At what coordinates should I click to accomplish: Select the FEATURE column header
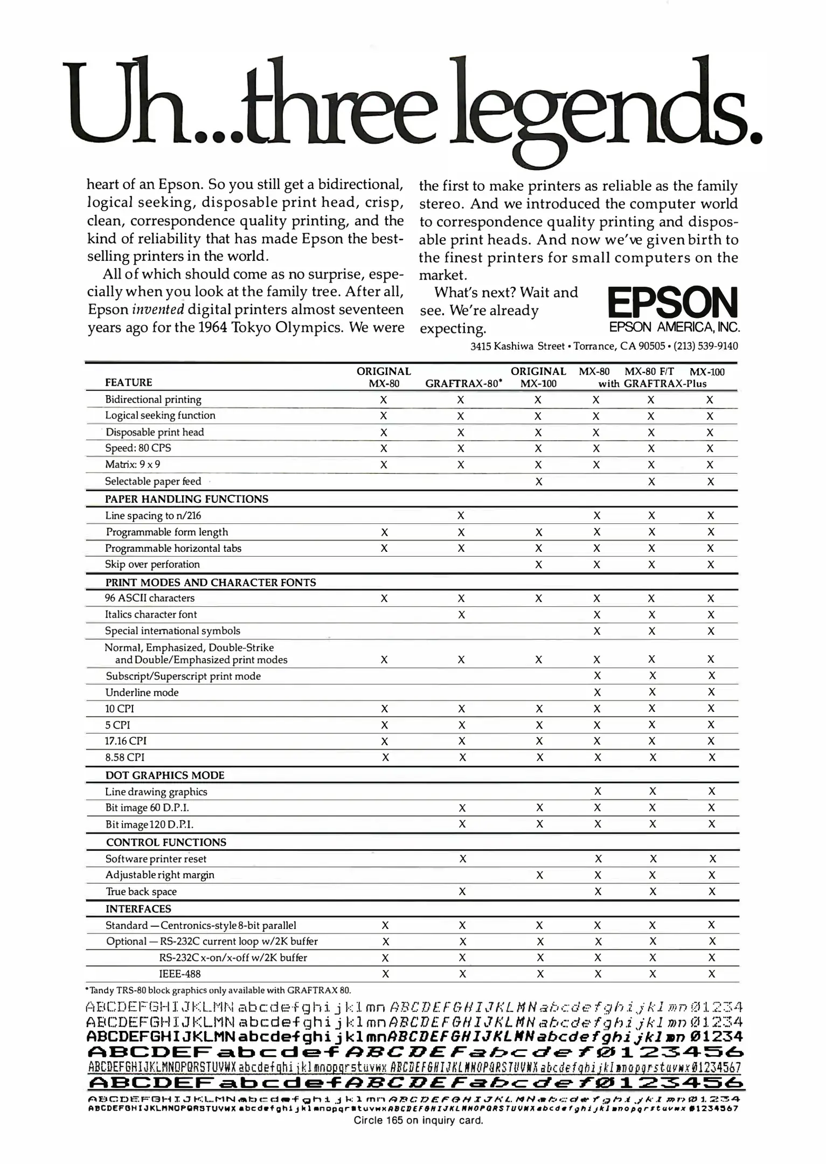coord(128,383)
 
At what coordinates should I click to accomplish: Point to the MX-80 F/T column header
coord(649,371)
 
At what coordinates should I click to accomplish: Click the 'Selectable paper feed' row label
coord(153,481)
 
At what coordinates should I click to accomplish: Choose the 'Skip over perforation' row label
coord(152,564)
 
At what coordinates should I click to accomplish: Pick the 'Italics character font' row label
coord(151,614)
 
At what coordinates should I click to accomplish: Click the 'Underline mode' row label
coord(142,692)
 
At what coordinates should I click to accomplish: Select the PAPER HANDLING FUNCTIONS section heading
coord(186,499)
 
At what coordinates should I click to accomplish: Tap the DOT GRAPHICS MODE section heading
coord(165,775)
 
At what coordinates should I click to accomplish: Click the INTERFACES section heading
coord(138,909)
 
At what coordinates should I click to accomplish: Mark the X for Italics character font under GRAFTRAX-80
coord(461,614)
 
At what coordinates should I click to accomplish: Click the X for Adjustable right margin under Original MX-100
coord(539,875)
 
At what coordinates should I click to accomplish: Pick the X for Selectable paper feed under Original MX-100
coord(538,482)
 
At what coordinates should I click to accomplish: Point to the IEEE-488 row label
coord(180,974)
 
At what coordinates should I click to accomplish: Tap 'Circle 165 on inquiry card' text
coord(418,1120)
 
